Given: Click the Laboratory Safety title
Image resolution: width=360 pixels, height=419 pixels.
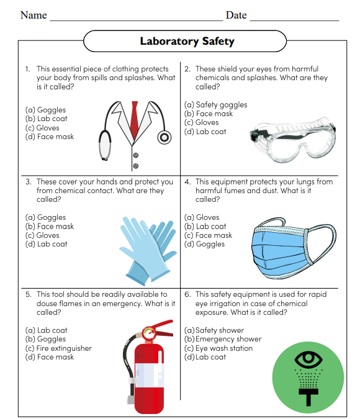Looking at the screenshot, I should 187,42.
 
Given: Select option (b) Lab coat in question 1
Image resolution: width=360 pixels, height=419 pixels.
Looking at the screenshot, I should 47,119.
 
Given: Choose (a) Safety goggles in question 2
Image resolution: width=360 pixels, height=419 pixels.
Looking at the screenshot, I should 215,105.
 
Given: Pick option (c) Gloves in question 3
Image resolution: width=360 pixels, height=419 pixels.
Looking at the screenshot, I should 43,235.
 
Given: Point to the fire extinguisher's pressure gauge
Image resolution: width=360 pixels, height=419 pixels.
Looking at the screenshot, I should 148,334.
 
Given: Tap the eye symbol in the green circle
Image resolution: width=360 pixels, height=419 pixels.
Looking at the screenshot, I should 308,358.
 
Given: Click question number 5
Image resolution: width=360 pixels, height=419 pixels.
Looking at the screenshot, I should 28,294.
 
